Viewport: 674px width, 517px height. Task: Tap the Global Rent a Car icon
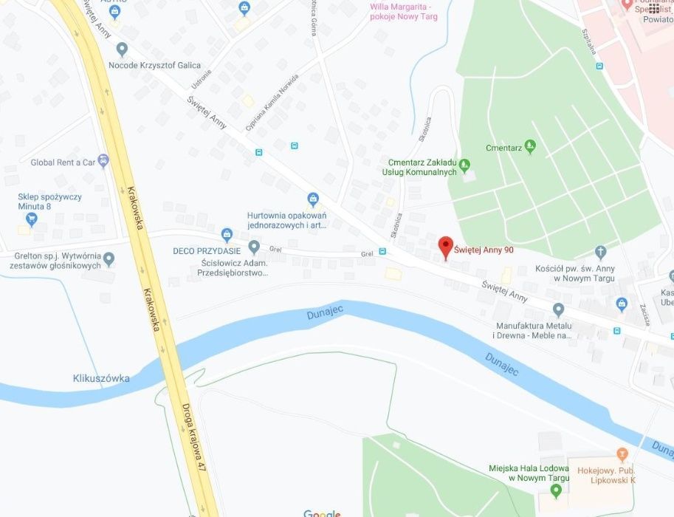tap(103, 160)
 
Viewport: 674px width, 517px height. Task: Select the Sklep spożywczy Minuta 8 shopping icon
tap(32, 219)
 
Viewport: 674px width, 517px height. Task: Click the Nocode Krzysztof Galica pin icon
tap(122, 49)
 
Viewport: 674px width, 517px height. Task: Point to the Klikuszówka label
tap(101, 378)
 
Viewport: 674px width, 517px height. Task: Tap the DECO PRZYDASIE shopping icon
tap(227, 235)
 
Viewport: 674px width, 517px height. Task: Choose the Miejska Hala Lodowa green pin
tap(556, 490)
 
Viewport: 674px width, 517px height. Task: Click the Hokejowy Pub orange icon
tap(622, 453)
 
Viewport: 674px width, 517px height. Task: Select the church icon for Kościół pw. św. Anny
tap(600, 253)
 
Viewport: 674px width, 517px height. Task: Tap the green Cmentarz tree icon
tap(529, 148)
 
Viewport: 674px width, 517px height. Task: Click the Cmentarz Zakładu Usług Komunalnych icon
tap(464, 165)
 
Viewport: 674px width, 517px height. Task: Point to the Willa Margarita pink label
tap(403, 12)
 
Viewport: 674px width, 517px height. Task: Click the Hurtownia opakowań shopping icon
tap(313, 199)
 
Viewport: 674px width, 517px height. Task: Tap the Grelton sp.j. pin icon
tap(109, 258)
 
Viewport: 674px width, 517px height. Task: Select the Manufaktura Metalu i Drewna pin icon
tap(558, 309)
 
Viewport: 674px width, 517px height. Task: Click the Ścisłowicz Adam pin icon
tap(254, 247)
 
